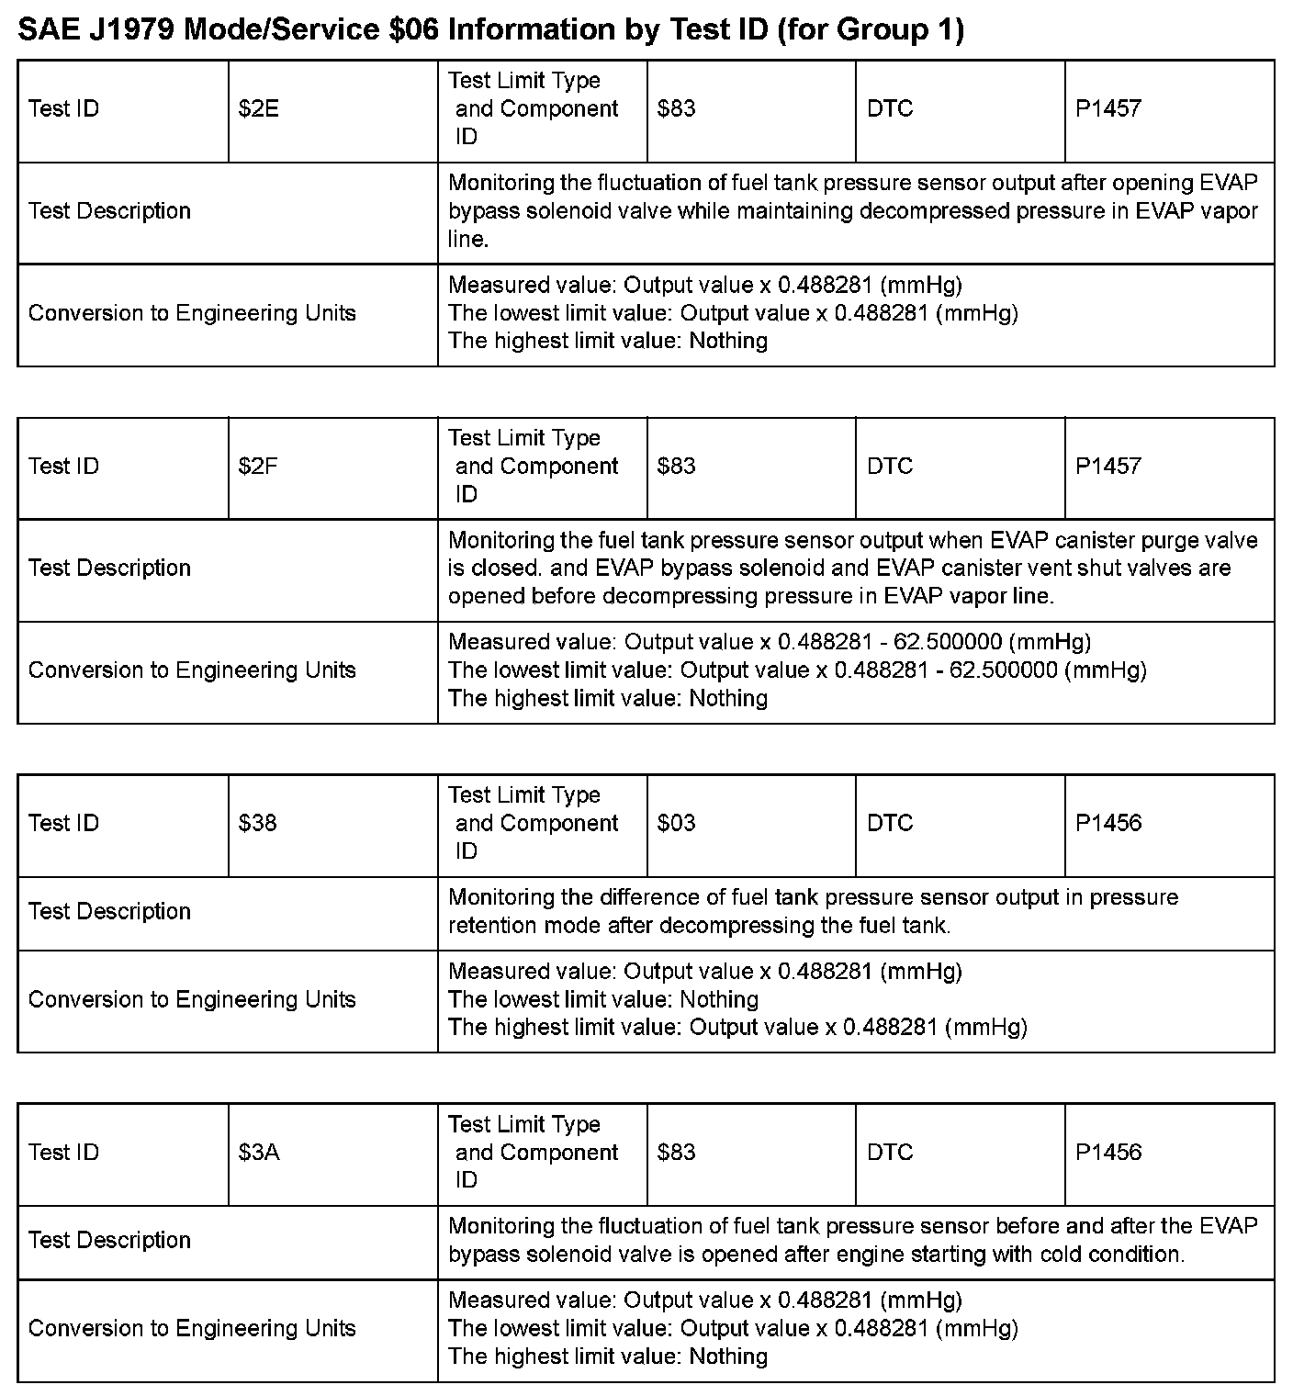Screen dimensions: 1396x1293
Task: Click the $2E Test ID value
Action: pos(258,109)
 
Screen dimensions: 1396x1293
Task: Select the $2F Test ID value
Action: pos(258,467)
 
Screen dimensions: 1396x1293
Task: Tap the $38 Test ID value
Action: pos(257,823)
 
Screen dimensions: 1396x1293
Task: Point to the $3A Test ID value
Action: pos(259,1153)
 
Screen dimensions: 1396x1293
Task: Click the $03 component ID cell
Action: pos(676,823)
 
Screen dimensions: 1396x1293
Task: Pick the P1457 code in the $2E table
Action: pos(1107,109)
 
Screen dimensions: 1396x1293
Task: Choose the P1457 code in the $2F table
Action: pos(1107,467)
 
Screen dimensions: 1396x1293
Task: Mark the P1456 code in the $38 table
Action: pos(1107,823)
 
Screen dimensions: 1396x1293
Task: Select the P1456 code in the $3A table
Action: pos(1107,1153)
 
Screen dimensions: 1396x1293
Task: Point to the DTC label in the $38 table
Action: pos(889,823)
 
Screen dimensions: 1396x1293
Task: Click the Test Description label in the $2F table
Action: pos(109,569)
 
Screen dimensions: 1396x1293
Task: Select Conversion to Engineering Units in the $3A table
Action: pos(192,1329)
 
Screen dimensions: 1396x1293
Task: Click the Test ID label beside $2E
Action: pos(63,109)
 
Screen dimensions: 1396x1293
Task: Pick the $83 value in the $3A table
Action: pos(676,1153)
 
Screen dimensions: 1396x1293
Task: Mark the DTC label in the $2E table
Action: pos(889,109)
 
